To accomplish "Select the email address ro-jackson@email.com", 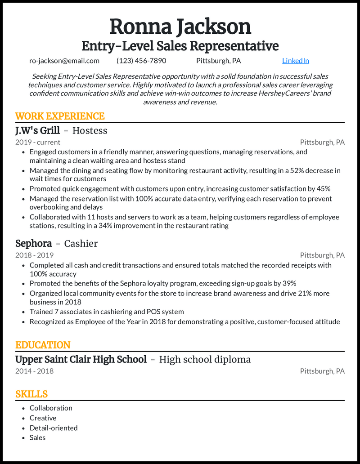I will point(64,61).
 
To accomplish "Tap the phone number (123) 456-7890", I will point(141,61).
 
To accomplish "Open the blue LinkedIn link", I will point(295,61).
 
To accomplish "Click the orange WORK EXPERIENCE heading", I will point(60,116).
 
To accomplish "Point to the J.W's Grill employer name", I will point(37,130).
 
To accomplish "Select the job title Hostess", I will point(90,130).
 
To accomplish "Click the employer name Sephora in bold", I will point(33,243).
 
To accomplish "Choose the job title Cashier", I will point(81,243).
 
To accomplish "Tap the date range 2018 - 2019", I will point(34,255).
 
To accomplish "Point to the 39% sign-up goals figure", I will point(288,283).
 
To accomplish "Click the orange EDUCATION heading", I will point(43,345).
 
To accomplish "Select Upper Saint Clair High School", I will point(81,359).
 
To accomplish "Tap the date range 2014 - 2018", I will point(34,371).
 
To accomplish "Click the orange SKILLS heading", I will point(31,394).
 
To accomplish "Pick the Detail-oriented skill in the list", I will point(54,428).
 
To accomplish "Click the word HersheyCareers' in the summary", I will point(283,93).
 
